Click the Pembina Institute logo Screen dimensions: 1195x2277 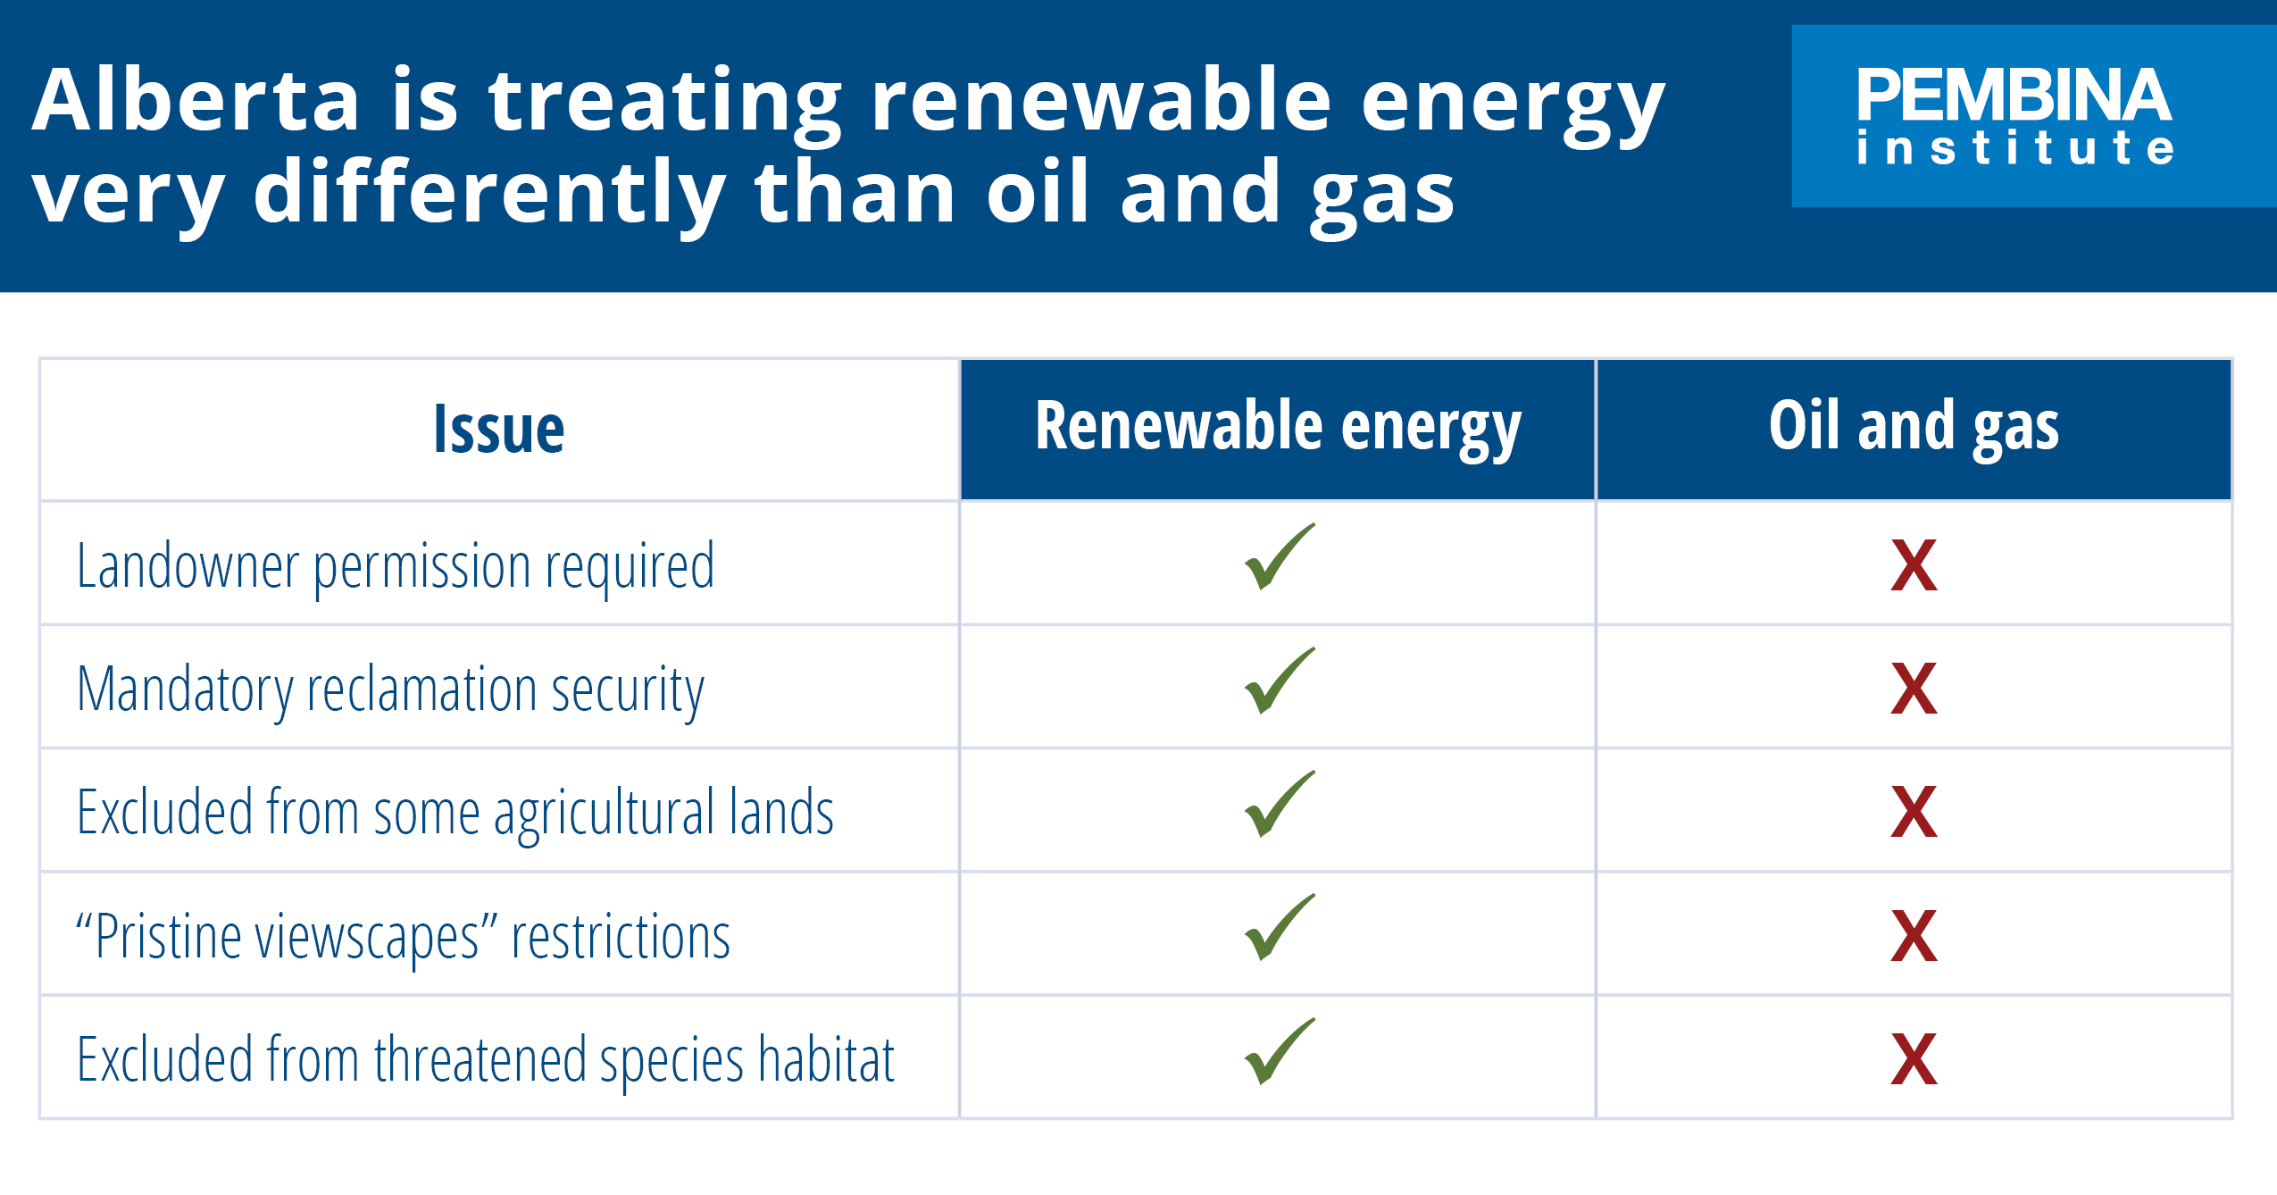2014,116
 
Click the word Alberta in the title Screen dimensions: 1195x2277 195,100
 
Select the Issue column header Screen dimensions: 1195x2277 498,430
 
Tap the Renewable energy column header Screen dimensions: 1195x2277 1278,428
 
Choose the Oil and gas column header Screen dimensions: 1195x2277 1914,428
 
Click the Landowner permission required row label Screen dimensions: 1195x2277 396,566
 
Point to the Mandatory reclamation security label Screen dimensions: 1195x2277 390,689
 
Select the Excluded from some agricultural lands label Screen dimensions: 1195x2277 455,813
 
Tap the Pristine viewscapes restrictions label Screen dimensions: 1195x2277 403,936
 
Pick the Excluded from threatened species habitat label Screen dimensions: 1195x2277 485,1060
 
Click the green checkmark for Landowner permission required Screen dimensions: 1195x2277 1279,557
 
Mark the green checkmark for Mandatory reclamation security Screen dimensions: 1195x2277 1279,681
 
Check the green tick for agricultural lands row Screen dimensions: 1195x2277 1279,805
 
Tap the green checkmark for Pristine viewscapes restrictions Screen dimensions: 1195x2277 1279,928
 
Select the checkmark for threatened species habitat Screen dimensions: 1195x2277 1279,1052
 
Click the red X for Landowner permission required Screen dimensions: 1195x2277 1914,566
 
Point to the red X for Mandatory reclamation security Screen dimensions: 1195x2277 1914,689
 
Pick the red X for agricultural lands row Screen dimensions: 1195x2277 1914,813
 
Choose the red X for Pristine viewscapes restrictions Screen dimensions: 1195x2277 1914,936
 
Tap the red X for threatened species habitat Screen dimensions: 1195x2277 1914,1060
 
